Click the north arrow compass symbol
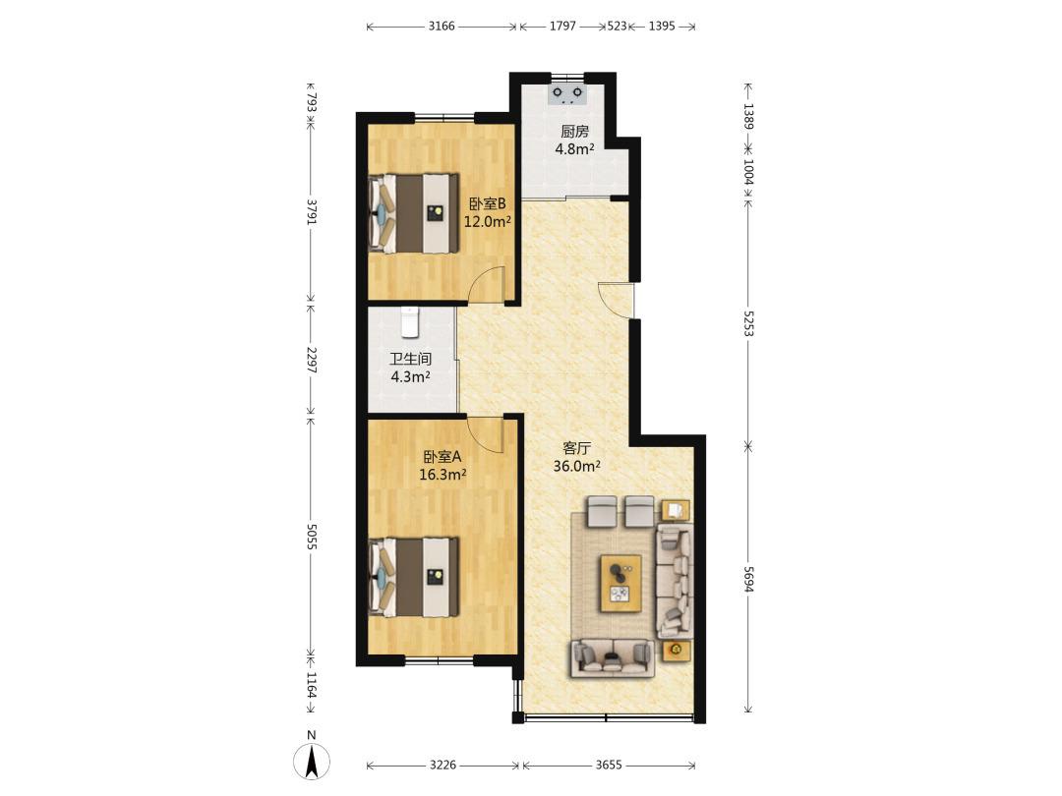(x=312, y=761)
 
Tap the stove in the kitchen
(x=567, y=94)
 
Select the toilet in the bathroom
(x=410, y=322)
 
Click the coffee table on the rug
(x=620, y=584)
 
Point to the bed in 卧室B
(x=413, y=213)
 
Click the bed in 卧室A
(x=413, y=577)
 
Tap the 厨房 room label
(x=574, y=132)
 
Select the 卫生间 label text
(x=410, y=359)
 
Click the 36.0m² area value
(x=577, y=466)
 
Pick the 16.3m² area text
(x=442, y=475)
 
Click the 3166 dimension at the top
(x=442, y=27)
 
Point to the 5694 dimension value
(x=748, y=580)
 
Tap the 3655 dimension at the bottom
(x=609, y=765)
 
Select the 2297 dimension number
(x=311, y=360)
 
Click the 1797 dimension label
(x=562, y=27)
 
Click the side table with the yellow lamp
(x=676, y=651)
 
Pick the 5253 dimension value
(x=748, y=323)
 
